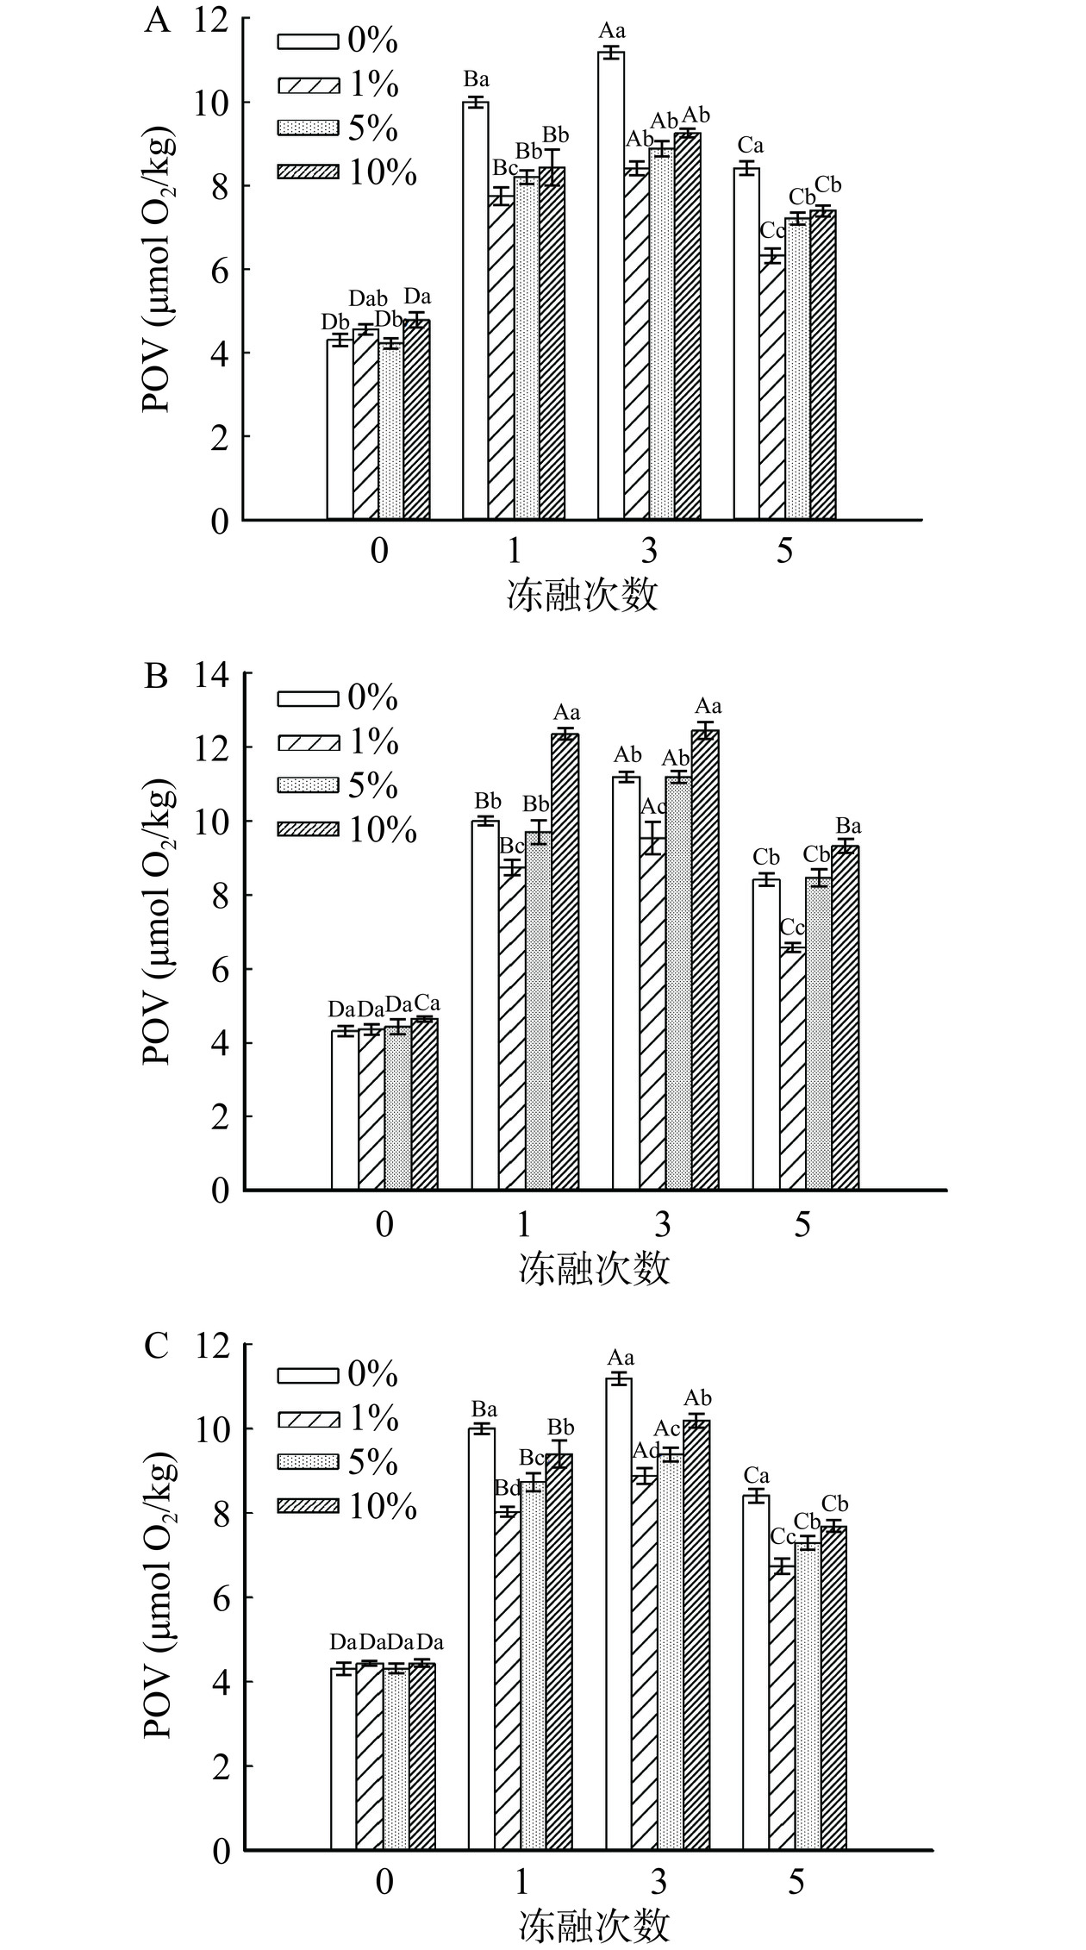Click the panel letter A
coord(157,20)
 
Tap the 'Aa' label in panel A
coord(612,32)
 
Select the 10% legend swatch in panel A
coord(306,173)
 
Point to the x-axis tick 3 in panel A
coord(648,550)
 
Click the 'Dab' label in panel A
coord(368,298)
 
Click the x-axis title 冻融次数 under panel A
coord(583,595)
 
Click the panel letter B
coord(156,677)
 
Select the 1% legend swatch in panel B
coord(306,742)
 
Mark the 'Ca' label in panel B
coord(427,1003)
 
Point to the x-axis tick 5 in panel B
coord(802,1223)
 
